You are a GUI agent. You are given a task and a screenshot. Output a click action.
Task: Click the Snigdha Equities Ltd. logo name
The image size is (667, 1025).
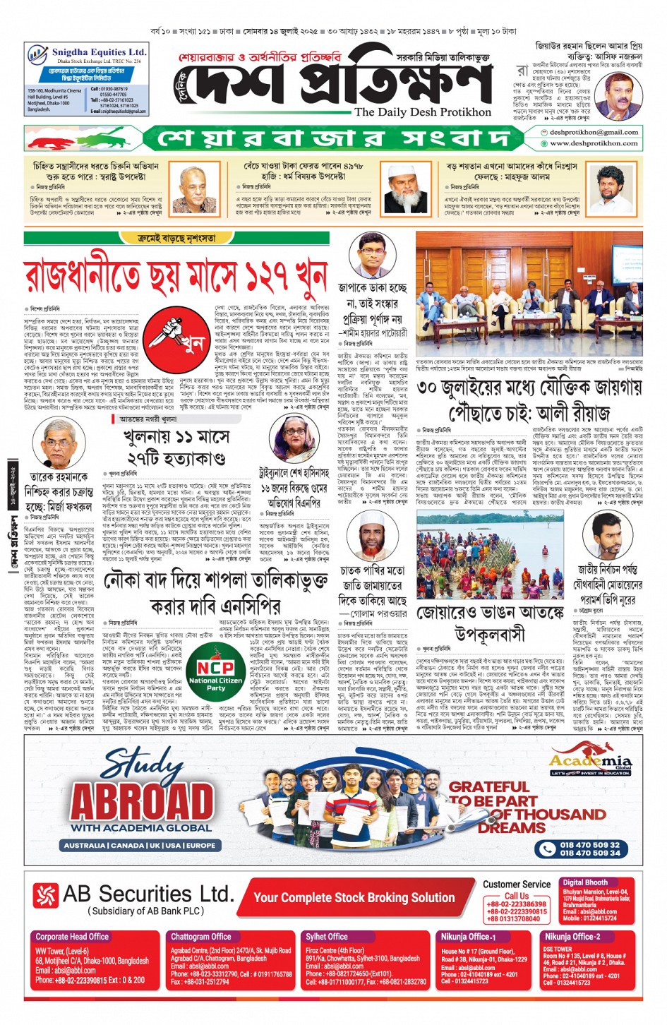[99, 52]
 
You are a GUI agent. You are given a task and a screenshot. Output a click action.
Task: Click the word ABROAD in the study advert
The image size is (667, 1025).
[142, 801]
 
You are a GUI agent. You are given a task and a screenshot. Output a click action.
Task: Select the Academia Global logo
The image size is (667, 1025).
[591, 762]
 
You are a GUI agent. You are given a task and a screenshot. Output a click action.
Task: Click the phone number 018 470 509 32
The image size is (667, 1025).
[589, 844]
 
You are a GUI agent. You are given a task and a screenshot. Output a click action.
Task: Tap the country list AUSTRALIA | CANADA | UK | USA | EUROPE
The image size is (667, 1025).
[140, 845]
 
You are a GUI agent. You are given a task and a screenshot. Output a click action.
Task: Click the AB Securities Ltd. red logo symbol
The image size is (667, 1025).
[45, 894]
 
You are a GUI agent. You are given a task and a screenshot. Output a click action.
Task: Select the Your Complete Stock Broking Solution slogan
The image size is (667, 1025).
[354, 897]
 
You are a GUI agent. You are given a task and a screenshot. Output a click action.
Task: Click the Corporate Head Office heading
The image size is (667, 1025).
[72, 937]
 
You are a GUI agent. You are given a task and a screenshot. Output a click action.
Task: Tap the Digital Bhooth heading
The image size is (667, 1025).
[584, 882]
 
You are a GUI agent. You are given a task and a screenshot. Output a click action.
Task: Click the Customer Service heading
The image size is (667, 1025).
[517, 885]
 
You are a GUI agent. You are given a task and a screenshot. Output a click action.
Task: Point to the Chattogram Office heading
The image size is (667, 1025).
[200, 937]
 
